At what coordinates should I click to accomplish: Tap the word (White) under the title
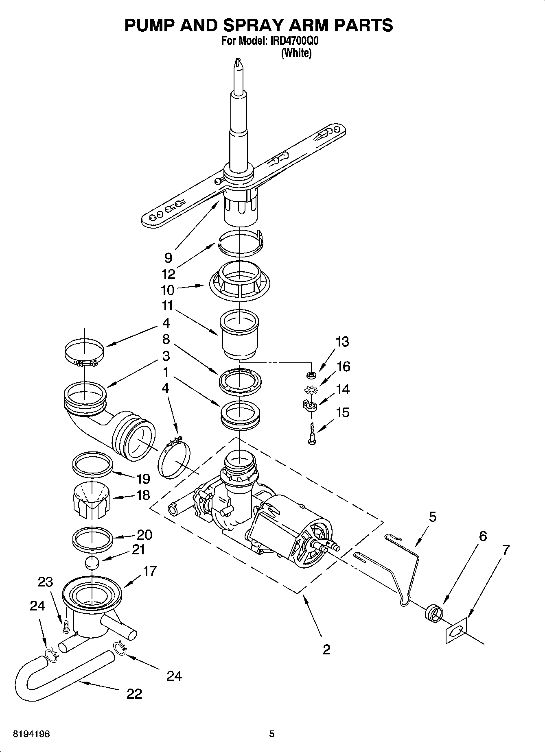click(x=296, y=53)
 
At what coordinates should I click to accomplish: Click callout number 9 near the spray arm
click(x=168, y=257)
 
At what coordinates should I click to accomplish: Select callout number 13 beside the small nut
click(x=342, y=342)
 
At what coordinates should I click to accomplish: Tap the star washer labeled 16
click(x=311, y=390)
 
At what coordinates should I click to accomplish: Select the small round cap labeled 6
click(x=433, y=612)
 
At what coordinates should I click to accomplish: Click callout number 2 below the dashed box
click(x=326, y=650)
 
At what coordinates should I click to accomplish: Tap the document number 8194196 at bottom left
click(x=31, y=734)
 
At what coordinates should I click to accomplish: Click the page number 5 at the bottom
click(x=272, y=734)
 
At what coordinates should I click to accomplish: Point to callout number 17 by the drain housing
click(x=150, y=571)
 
